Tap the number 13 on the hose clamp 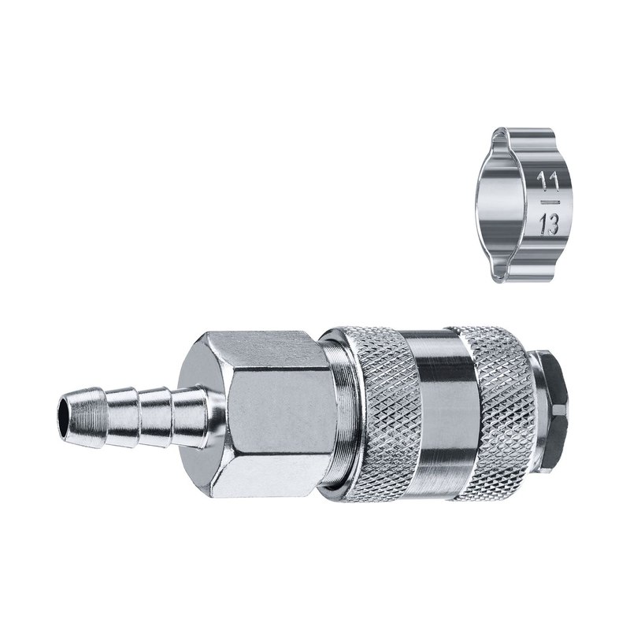pos(548,224)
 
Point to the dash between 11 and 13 pos(549,200)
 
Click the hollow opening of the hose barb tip pos(64,416)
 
